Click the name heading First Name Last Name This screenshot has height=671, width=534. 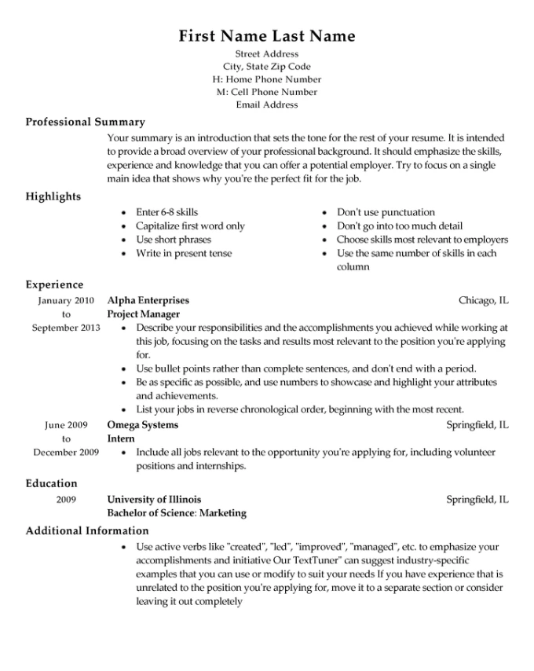pyautogui.click(x=267, y=36)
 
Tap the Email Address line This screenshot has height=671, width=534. pyautogui.click(x=267, y=104)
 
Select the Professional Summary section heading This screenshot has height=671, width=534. pyautogui.click(x=86, y=123)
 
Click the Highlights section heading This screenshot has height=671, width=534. pyautogui.click(x=53, y=196)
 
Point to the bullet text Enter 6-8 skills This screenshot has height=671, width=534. pyautogui.click(x=166, y=212)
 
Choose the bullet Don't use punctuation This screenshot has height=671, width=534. pyautogui.click(x=375, y=212)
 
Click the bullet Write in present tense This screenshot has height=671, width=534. pyautogui.click(x=184, y=254)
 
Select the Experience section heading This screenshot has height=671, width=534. pyautogui.click(x=54, y=284)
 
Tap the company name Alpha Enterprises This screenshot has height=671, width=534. pyautogui.click(x=148, y=300)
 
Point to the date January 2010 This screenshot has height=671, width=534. pyautogui.click(x=66, y=300)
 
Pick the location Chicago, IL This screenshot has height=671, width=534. pyautogui.click(x=483, y=300)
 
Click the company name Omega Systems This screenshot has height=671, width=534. pyautogui.click(x=142, y=425)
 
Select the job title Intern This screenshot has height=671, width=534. pyautogui.click(x=120, y=439)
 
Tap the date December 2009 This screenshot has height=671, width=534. pyautogui.click(x=66, y=453)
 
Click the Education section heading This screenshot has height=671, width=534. pyautogui.click(x=52, y=483)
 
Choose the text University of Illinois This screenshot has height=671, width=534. pyautogui.click(x=154, y=499)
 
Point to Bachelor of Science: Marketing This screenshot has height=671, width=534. pyautogui.click(x=177, y=513)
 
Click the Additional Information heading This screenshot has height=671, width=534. pyautogui.click(x=87, y=531)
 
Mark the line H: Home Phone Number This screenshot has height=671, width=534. pyautogui.click(x=267, y=79)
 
